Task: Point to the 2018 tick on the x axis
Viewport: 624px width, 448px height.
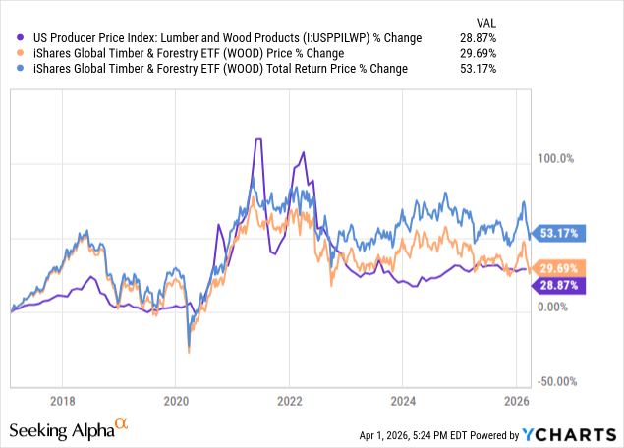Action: tap(63, 401)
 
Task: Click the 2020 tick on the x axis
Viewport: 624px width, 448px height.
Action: tap(176, 401)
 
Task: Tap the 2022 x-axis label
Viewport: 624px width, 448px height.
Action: tap(290, 401)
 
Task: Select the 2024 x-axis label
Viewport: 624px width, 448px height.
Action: tap(403, 401)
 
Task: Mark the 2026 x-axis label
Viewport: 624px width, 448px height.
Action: tap(517, 401)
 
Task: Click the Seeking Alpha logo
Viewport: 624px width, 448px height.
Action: tap(69, 429)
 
